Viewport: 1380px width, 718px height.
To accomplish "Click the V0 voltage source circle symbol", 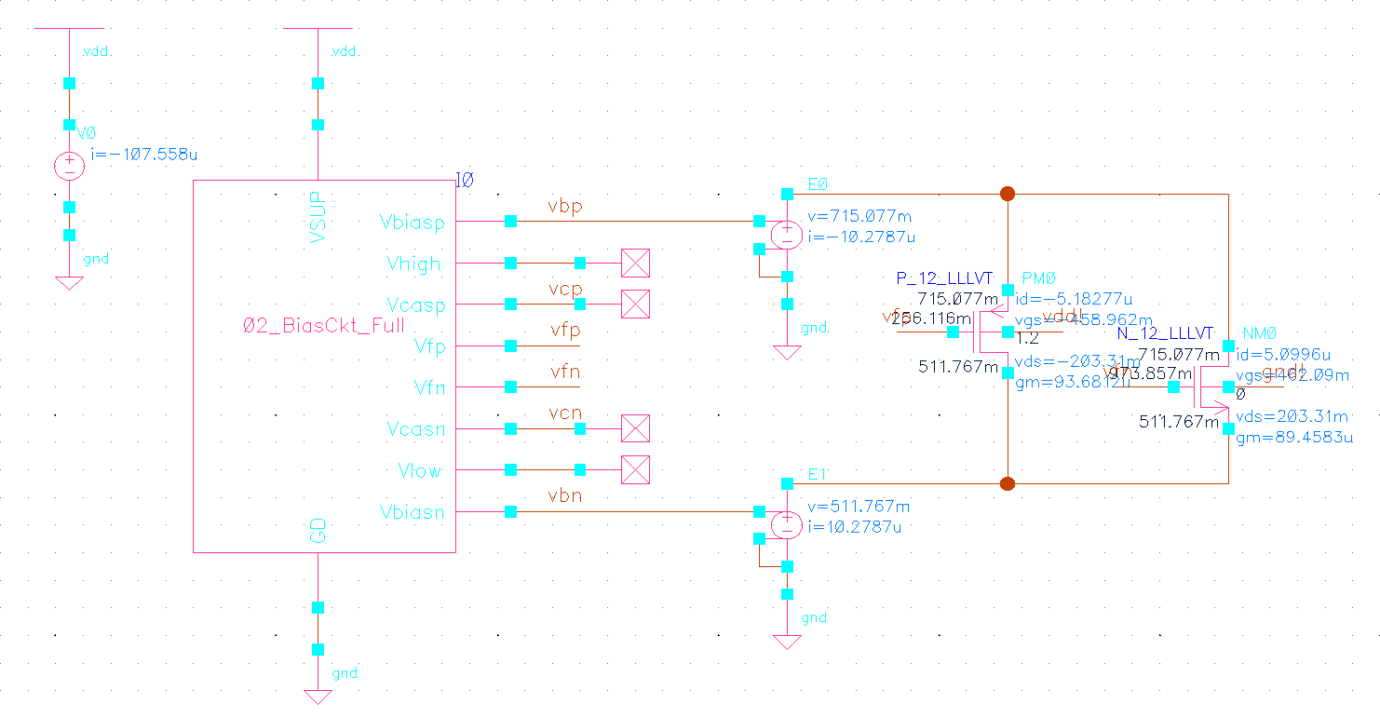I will pos(69,167).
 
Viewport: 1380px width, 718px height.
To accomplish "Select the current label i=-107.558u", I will pos(143,153).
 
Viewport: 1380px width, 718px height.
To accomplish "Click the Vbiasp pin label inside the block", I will pos(412,223).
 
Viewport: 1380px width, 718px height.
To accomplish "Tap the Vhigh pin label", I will pos(414,264).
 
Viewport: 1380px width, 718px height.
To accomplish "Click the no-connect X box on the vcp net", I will pos(635,305).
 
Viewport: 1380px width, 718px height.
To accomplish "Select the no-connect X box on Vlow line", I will pos(635,470).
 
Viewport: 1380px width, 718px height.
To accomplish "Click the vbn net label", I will pos(565,496).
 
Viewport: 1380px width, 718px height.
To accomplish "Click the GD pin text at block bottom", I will pos(318,531).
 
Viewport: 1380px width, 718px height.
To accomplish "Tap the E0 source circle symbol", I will pos(787,235).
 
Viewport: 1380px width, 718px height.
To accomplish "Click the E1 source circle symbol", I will pos(787,525).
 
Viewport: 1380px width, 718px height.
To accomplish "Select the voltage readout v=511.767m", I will pos(859,508).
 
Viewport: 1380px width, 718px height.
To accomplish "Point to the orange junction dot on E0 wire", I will pos(1007,194).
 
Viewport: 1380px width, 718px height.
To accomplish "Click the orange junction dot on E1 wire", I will pos(1007,483).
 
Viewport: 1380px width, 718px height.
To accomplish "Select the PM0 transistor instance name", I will pos(1038,278).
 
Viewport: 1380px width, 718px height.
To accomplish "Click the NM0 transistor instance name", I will pos(1260,333).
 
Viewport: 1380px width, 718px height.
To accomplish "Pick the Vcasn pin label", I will pos(416,429).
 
